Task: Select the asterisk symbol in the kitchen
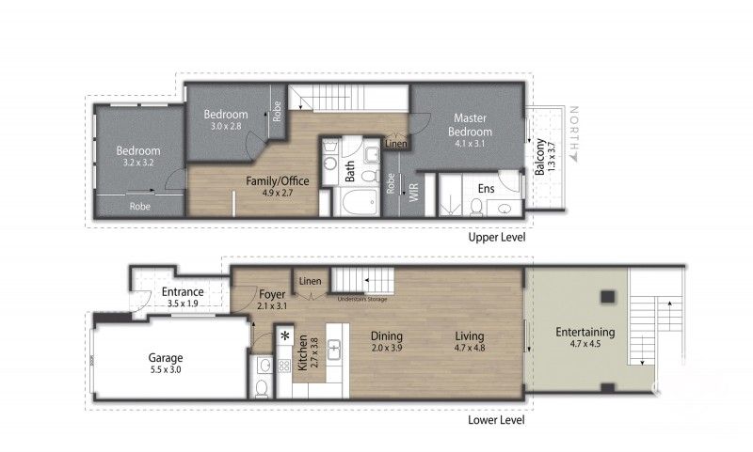coord(284,335)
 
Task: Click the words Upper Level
coord(496,238)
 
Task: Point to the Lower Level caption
coord(496,420)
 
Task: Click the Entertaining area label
coord(585,332)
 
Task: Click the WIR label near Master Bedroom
coord(411,194)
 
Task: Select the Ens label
coord(486,189)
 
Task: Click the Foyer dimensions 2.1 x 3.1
coord(273,304)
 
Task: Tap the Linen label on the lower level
coord(309,282)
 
